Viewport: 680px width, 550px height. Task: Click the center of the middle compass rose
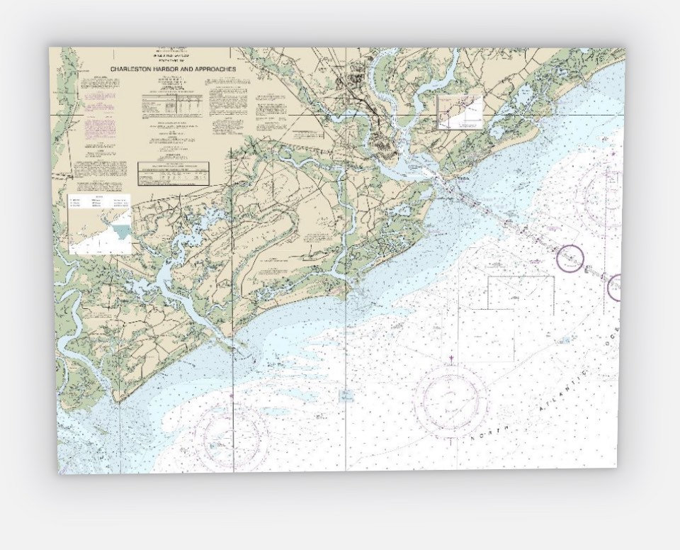tap(451, 402)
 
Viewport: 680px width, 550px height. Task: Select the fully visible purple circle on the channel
tap(569, 258)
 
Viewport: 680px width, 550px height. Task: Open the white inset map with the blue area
tap(100, 223)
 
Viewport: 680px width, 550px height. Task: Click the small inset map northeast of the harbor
tap(459, 112)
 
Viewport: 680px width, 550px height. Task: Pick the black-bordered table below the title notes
tap(174, 172)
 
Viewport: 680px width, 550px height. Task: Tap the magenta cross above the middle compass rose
tap(451, 357)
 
